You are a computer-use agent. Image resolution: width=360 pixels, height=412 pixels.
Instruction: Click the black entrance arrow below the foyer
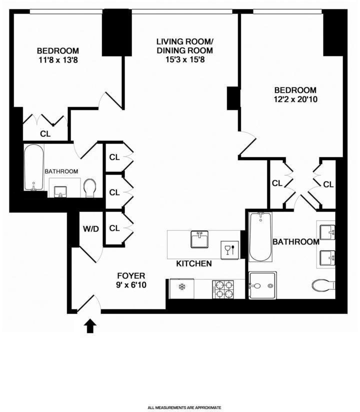[90, 326]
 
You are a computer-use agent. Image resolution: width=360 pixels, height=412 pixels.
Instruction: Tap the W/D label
[90, 230]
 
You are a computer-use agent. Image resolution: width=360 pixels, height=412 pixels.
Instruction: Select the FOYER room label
[131, 275]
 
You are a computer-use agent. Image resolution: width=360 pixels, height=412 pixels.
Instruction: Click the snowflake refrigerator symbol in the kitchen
[181, 288]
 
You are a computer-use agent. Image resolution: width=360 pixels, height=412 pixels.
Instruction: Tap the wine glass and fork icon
[229, 248]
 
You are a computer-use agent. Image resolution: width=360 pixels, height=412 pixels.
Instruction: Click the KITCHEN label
[194, 263]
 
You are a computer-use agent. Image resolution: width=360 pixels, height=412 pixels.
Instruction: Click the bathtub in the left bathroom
[34, 167]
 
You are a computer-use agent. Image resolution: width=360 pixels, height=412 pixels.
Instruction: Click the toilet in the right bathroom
[323, 285]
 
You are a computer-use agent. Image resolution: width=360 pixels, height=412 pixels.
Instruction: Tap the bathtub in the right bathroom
[260, 236]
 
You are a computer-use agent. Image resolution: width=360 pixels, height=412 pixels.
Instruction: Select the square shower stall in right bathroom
[263, 285]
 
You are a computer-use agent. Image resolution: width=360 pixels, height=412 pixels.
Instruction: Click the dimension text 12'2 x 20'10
[296, 99]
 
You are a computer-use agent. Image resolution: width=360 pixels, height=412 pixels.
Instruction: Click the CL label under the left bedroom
[45, 133]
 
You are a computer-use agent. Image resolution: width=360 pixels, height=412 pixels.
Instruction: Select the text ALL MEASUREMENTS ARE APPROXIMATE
[184, 408]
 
